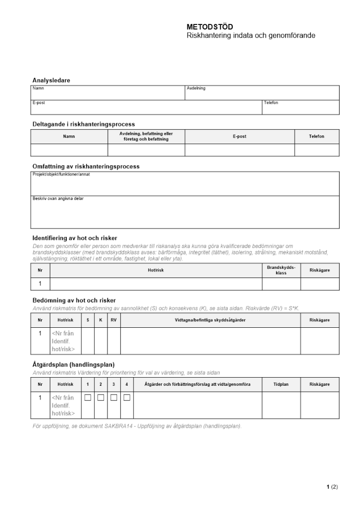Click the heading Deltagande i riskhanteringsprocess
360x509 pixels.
pos(84,124)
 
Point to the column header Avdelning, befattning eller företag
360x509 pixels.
pos(146,136)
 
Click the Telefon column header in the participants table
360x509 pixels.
pos(316,136)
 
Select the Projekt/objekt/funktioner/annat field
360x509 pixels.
pos(185,184)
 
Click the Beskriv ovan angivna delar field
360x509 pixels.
pos(185,213)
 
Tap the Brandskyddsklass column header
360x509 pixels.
pos(281,270)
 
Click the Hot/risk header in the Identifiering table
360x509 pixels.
pos(156,270)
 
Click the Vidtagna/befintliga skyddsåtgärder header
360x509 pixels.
pos(210,320)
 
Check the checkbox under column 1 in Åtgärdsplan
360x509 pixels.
pos(88,398)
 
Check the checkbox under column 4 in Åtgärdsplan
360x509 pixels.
pos(127,398)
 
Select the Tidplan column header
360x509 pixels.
pos(281,384)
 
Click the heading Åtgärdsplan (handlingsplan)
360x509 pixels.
pos(73,364)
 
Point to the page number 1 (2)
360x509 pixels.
pos(332,487)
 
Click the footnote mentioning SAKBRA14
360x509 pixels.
pos(137,426)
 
